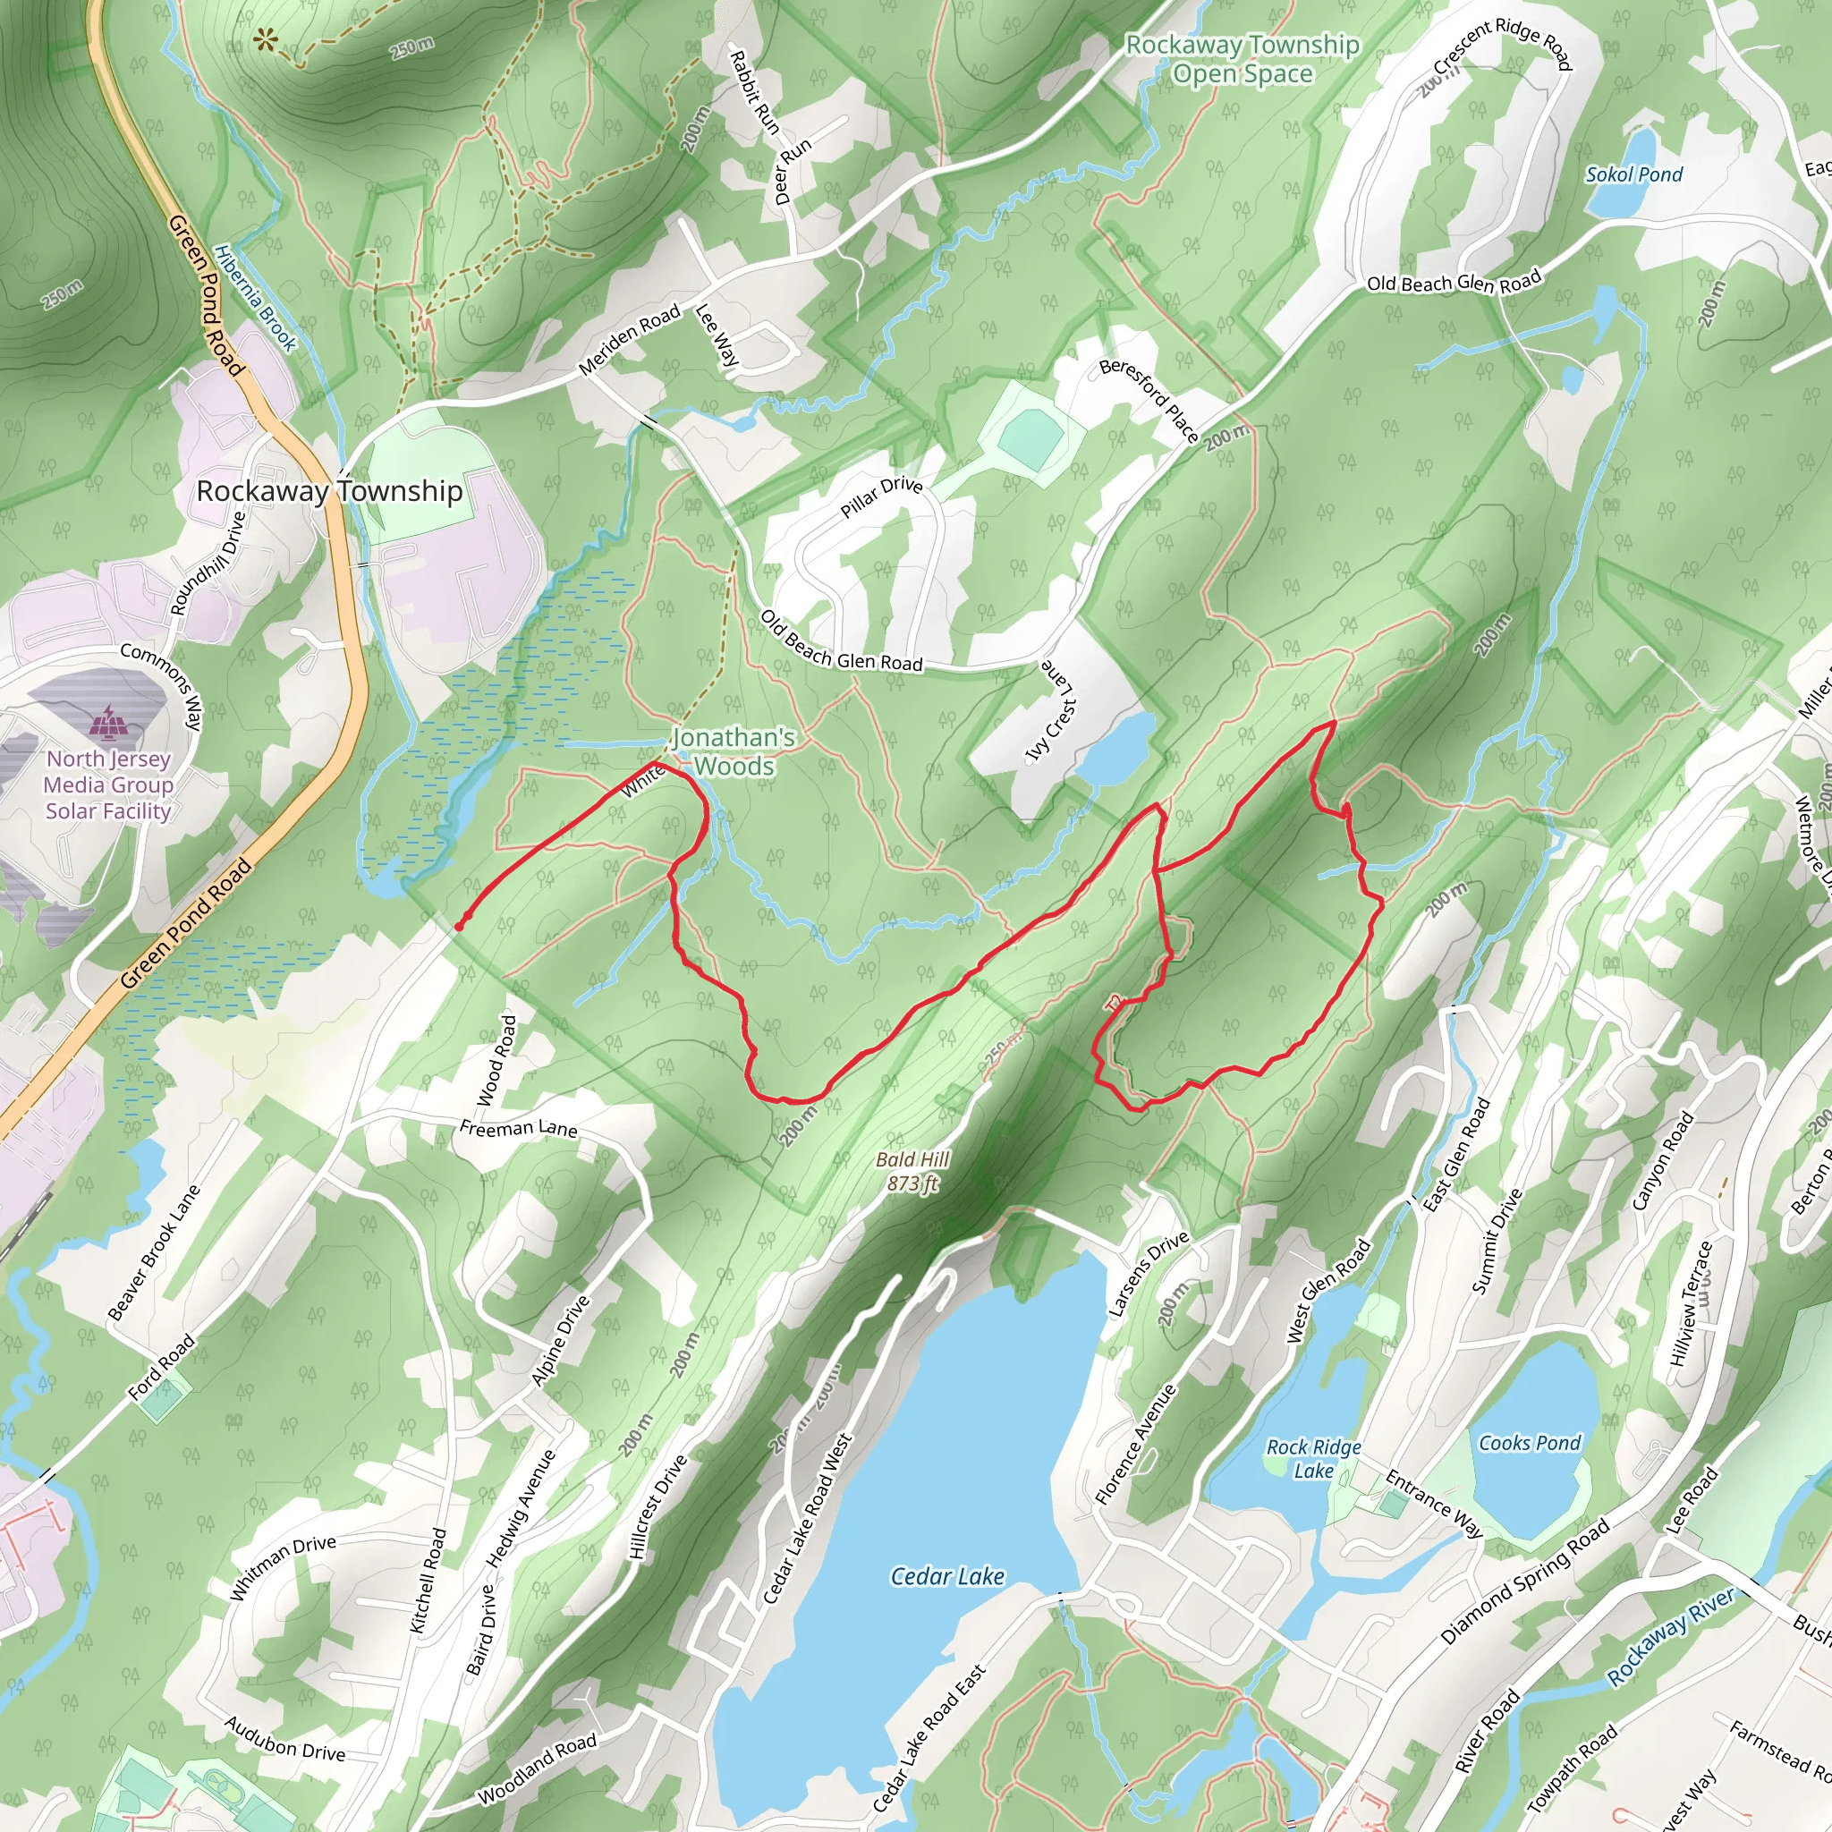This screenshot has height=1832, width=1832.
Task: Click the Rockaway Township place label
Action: click(329, 491)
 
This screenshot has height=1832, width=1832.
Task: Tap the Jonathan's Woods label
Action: click(734, 752)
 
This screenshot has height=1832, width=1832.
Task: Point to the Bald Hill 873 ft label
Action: click(912, 1171)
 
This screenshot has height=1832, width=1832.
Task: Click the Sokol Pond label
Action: click(1633, 174)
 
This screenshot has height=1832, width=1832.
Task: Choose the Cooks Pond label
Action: click(1530, 1442)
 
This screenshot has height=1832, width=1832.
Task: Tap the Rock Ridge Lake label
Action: click(1313, 1458)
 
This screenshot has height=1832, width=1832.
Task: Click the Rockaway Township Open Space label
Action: click(1243, 59)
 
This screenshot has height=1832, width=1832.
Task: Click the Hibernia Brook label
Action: click(255, 298)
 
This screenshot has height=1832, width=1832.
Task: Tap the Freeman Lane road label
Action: click(518, 1127)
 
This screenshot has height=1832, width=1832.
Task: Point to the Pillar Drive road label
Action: click(881, 496)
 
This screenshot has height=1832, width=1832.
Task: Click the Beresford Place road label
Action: click(1149, 400)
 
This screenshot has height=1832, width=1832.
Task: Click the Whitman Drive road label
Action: click(283, 1567)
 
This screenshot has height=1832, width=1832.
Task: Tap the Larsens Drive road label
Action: click(1149, 1274)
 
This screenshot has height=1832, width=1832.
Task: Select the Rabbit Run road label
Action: click(754, 93)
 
